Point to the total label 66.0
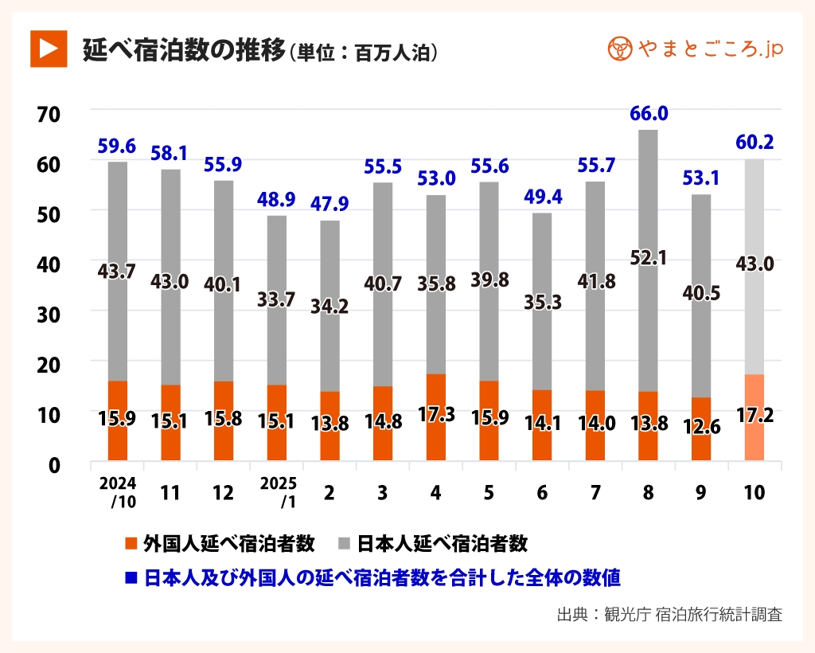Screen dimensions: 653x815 pyautogui.click(x=648, y=114)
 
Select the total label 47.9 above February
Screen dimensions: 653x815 pyautogui.click(x=330, y=203)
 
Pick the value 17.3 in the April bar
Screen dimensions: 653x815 pyautogui.click(x=435, y=414)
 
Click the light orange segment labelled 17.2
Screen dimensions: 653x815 pyautogui.click(x=754, y=416)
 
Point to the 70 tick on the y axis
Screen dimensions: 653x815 pyautogui.click(x=49, y=114)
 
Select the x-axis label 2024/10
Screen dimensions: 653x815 pyautogui.click(x=117, y=493)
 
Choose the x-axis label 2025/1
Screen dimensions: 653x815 pyautogui.click(x=276, y=493)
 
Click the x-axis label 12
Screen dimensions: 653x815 pyautogui.click(x=223, y=493)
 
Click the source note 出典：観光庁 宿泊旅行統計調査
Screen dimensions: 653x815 pyautogui.click(x=669, y=615)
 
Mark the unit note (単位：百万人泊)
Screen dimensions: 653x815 pyautogui.click(x=363, y=53)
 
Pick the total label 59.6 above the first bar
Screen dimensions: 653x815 pyautogui.click(x=117, y=146)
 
